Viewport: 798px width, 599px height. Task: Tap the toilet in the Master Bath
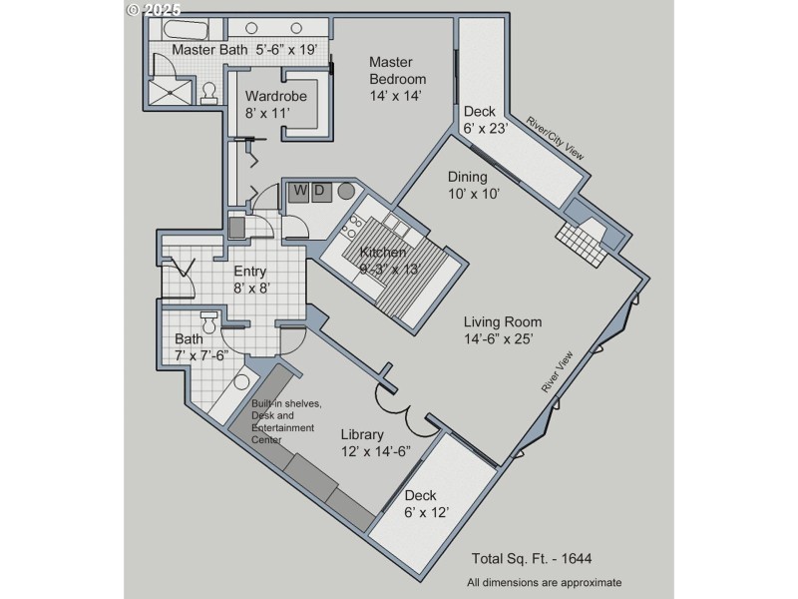(x=209, y=93)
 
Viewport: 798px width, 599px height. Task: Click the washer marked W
(x=299, y=191)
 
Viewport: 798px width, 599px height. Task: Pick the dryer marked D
(x=319, y=191)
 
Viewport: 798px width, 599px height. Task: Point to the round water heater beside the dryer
(x=347, y=191)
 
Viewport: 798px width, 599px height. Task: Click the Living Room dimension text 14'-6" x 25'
(x=503, y=338)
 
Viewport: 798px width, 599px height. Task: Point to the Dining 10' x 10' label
(x=475, y=185)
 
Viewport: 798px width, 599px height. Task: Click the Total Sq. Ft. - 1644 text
(x=534, y=558)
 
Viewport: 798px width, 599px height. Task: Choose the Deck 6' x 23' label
(x=486, y=119)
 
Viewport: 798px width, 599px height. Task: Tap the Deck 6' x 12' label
(x=427, y=503)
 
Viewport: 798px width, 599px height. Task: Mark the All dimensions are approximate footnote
(x=544, y=582)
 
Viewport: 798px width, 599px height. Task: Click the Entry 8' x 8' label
(x=252, y=280)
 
